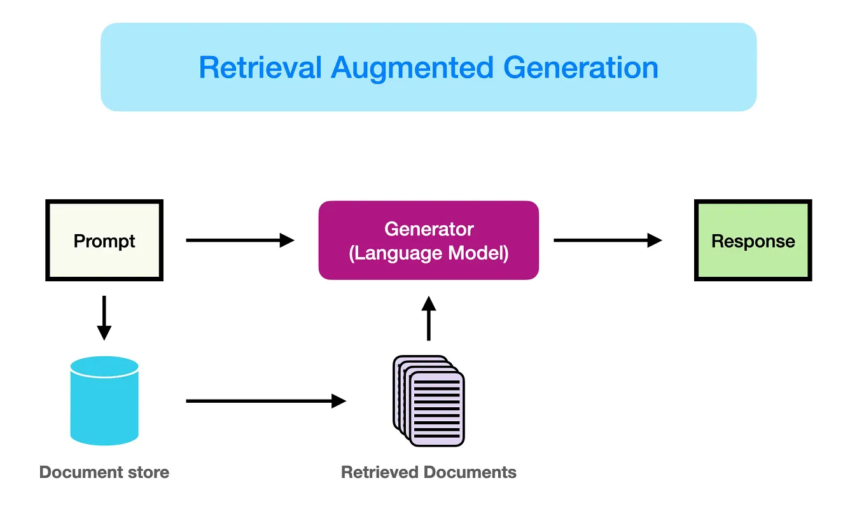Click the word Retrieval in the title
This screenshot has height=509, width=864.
tap(260, 67)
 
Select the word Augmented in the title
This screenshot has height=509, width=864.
tap(412, 67)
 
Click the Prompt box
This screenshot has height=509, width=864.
tap(104, 241)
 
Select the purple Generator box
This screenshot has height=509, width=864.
tap(428, 241)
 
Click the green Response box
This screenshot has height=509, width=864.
tap(753, 241)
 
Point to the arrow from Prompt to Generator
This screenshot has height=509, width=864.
tap(240, 241)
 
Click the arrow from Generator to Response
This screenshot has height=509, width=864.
tap(608, 241)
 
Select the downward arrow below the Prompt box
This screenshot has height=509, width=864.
tap(104, 318)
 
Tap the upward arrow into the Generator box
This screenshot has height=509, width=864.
tap(429, 318)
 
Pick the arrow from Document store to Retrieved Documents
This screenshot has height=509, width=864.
tap(265, 401)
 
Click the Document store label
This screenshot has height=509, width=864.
tap(104, 472)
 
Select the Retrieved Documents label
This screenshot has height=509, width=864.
tap(429, 472)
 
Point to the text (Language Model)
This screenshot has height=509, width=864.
tap(429, 253)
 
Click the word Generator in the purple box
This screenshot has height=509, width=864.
tap(429, 229)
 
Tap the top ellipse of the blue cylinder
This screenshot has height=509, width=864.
tap(104, 366)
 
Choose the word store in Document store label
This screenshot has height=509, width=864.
tap(150, 472)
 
